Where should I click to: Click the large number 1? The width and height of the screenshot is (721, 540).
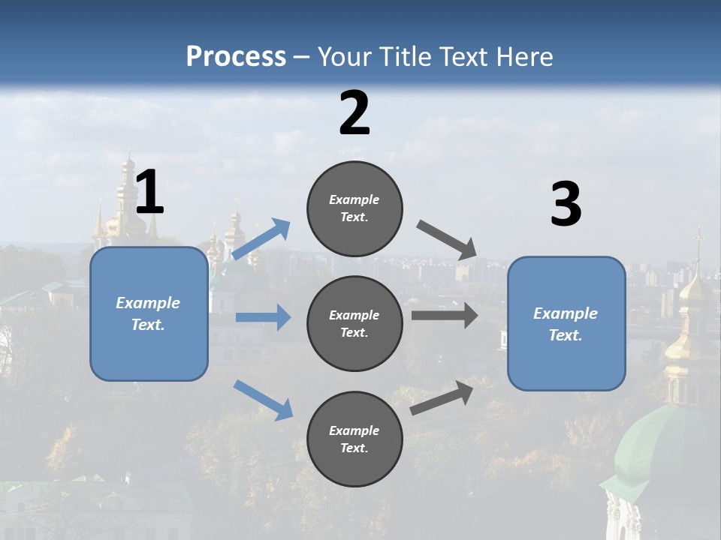tap(149, 193)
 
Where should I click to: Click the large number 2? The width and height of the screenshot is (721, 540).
tap(354, 113)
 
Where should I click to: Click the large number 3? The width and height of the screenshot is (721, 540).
tap(566, 205)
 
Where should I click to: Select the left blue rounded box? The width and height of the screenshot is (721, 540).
tap(149, 313)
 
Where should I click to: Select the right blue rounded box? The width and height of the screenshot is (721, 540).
tap(566, 323)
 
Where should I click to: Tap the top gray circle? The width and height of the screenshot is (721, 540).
tap(354, 208)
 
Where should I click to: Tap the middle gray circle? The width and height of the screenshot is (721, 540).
tap(354, 323)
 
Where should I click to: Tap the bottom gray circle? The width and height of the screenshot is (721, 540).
tap(354, 439)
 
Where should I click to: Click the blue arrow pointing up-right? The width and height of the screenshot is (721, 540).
tap(261, 239)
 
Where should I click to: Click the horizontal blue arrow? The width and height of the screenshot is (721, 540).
tap(263, 317)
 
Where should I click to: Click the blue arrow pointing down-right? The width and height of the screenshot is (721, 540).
tap(263, 400)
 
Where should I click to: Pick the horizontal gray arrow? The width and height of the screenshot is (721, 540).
tap(445, 315)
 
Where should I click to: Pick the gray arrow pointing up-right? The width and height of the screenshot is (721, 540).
tap(442, 397)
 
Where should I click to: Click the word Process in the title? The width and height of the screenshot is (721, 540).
tap(236, 56)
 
